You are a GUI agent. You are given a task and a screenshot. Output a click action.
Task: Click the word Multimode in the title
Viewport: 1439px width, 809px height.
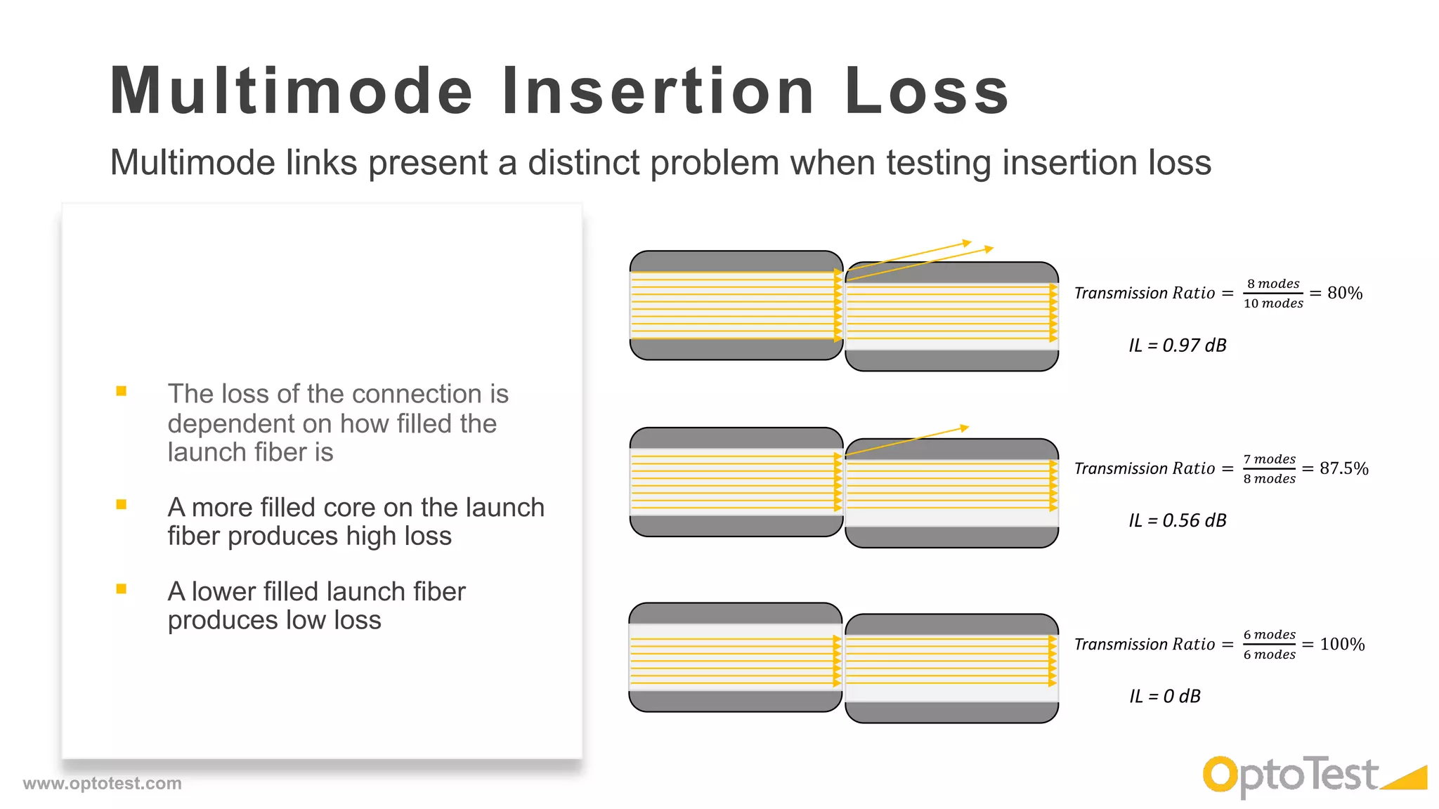292,91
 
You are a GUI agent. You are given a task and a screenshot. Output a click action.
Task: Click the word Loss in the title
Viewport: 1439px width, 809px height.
927,91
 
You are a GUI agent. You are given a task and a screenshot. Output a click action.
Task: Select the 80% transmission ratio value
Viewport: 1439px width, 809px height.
1345,293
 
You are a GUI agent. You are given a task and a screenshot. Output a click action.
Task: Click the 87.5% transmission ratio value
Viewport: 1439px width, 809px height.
1343,468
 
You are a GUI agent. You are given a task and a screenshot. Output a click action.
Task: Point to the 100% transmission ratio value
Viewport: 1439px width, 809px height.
1342,644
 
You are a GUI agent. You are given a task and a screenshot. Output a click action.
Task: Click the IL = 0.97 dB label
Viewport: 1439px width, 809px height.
1178,345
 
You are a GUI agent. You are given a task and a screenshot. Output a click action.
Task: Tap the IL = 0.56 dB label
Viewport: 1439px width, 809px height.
1178,520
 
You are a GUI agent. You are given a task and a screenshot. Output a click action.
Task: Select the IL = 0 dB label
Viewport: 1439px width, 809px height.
1165,696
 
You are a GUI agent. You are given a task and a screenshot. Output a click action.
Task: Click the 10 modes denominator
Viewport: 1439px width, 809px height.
1273,303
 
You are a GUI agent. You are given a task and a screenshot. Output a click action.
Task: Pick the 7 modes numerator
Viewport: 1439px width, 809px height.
1270,459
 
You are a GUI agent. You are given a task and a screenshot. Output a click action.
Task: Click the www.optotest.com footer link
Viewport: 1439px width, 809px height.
103,783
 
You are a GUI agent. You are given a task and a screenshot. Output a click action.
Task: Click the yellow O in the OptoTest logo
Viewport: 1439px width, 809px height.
1220,775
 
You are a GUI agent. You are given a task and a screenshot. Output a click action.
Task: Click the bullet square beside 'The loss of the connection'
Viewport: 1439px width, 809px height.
122,391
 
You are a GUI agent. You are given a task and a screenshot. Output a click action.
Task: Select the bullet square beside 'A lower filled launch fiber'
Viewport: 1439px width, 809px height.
122,589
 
